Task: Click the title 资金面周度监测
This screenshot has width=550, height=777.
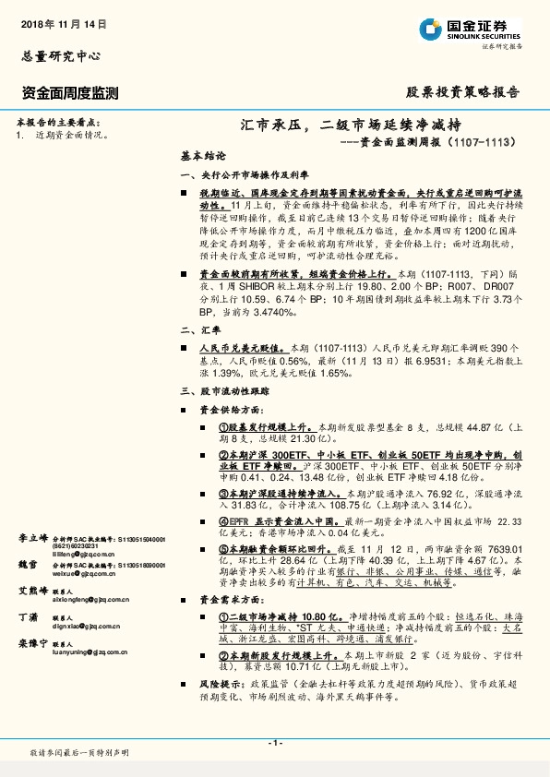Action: tap(69, 92)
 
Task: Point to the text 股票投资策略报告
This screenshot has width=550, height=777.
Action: tap(462, 92)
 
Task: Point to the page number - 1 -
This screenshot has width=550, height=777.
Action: tap(274, 743)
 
